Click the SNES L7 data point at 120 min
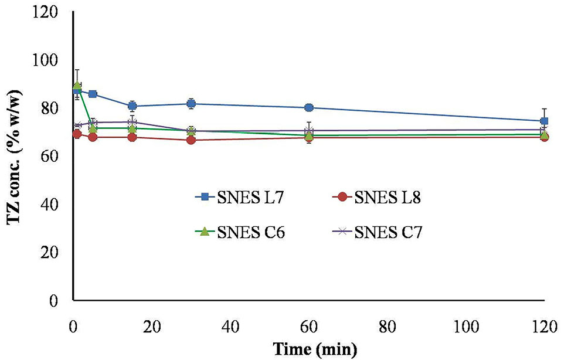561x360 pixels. [544, 121]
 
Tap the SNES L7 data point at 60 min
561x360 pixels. [309, 108]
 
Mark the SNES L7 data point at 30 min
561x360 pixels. [191, 104]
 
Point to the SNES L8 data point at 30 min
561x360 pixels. [191, 140]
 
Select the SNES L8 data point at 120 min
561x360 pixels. [544, 137]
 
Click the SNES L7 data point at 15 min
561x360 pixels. [132, 106]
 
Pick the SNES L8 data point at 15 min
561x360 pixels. [132, 137]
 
